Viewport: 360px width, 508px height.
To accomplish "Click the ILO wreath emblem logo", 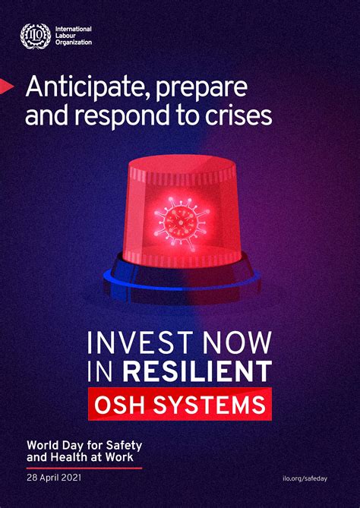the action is click(x=36, y=36).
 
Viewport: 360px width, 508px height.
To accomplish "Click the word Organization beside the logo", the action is click(x=74, y=42).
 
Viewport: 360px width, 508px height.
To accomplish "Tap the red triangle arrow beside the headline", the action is click(x=7, y=86).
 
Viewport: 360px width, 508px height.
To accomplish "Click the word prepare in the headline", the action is click(x=201, y=89).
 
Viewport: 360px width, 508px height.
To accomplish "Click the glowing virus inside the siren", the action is click(x=182, y=219).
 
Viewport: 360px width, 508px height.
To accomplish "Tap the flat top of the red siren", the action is click(x=182, y=164).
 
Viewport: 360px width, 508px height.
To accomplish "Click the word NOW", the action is click(x=238, y=342).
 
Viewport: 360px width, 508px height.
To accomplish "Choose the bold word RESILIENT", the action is click(x=197, y=371).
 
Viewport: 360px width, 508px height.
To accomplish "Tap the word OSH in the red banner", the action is click(x=121, y=404).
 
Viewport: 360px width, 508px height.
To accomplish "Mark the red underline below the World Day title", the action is click(x=84, y=469).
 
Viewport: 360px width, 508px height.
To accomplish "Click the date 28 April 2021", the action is click(x=54, y=478).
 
